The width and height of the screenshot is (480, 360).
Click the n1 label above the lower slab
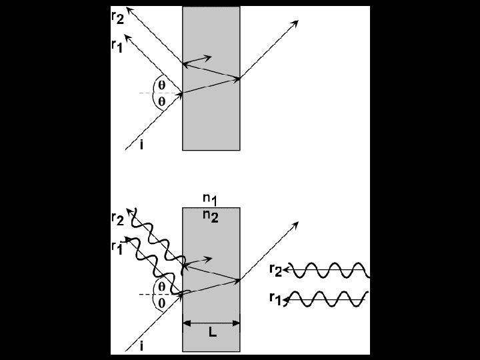pyautogui.click(x=210, y=200)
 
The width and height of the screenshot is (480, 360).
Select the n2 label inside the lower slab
pyautogui.click(x=211, y=216)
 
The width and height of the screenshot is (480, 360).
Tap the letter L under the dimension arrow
pyautogui.click(x=213, y=332)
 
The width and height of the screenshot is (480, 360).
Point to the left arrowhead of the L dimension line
pyautogui.click(x=187, y=323)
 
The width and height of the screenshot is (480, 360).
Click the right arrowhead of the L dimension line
pyautogui.click(x=236, y=323)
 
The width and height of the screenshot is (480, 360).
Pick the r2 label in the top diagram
pyautogui.click(x=118, y=18)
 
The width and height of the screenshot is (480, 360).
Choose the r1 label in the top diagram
pyautogui.click(x=117, y=47)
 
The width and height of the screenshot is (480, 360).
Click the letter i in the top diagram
pyautogui.click(x=141, y=145)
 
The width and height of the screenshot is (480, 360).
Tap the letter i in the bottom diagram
pyautogui.click(x=141, y=346)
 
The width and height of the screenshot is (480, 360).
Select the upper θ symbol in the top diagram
pyautogui.click(x=161, y=85)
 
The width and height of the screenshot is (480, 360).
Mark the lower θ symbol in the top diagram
pyautogui.click(x=161, y=101)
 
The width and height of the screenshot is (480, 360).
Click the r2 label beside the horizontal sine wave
pyautogui.click(x=275, y=270)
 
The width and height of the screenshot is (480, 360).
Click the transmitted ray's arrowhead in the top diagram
pyautogui.click(x=295, y=23)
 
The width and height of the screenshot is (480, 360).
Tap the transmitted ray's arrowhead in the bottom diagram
pyautogui.click(x=295, y=225)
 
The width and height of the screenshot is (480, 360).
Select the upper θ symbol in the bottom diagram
pyautogui.click(x=161, y=287)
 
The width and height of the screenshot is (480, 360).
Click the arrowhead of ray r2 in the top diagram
pyautogui.click(x=130, y=11)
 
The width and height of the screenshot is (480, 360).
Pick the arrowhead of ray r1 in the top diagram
pyautogui.click(x=127, y=38)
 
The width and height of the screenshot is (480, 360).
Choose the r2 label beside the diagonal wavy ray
pyautogui.click(x=118, y=219)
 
